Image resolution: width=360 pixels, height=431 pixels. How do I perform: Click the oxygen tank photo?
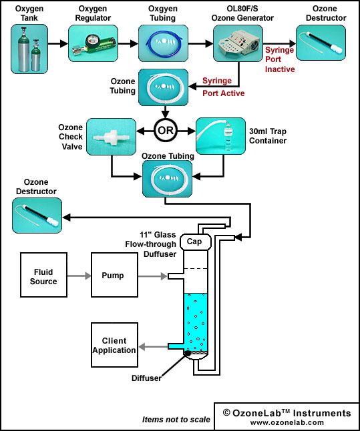tap(29, 49)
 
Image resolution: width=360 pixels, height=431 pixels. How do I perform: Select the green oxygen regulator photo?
tap(93, 43)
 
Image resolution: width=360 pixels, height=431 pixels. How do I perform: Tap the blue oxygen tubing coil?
tap(163, 43)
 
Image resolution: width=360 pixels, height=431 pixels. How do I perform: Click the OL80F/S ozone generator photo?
tap(238, 43)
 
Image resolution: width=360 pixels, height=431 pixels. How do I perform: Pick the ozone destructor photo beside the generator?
tap(321, 43)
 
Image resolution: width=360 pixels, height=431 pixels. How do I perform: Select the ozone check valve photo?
tap(111, 137)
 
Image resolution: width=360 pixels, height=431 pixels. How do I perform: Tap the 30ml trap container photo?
tap(220, 136)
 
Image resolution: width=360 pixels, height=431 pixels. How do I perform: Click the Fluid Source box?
tap(44, 275)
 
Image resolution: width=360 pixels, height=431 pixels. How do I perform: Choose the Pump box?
tap(114, 275)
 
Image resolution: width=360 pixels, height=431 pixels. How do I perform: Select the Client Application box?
tap(114, 345)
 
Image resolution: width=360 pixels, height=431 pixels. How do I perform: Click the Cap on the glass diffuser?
tap(196, 242)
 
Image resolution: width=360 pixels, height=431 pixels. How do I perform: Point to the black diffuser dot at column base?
tap(188, 354)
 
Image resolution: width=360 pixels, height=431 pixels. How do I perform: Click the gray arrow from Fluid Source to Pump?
tap(79, 276)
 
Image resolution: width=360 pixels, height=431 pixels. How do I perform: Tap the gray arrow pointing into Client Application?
tap(153, 347)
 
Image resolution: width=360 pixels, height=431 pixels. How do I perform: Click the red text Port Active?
tap(224, 93)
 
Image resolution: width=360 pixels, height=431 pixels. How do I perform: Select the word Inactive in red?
tap(280, 69)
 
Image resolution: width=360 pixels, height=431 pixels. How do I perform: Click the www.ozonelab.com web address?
tap(287, 422)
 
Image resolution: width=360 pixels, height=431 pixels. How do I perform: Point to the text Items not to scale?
tap(176, 420)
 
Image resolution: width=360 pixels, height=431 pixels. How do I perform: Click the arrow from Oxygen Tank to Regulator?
tap(58, 43)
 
